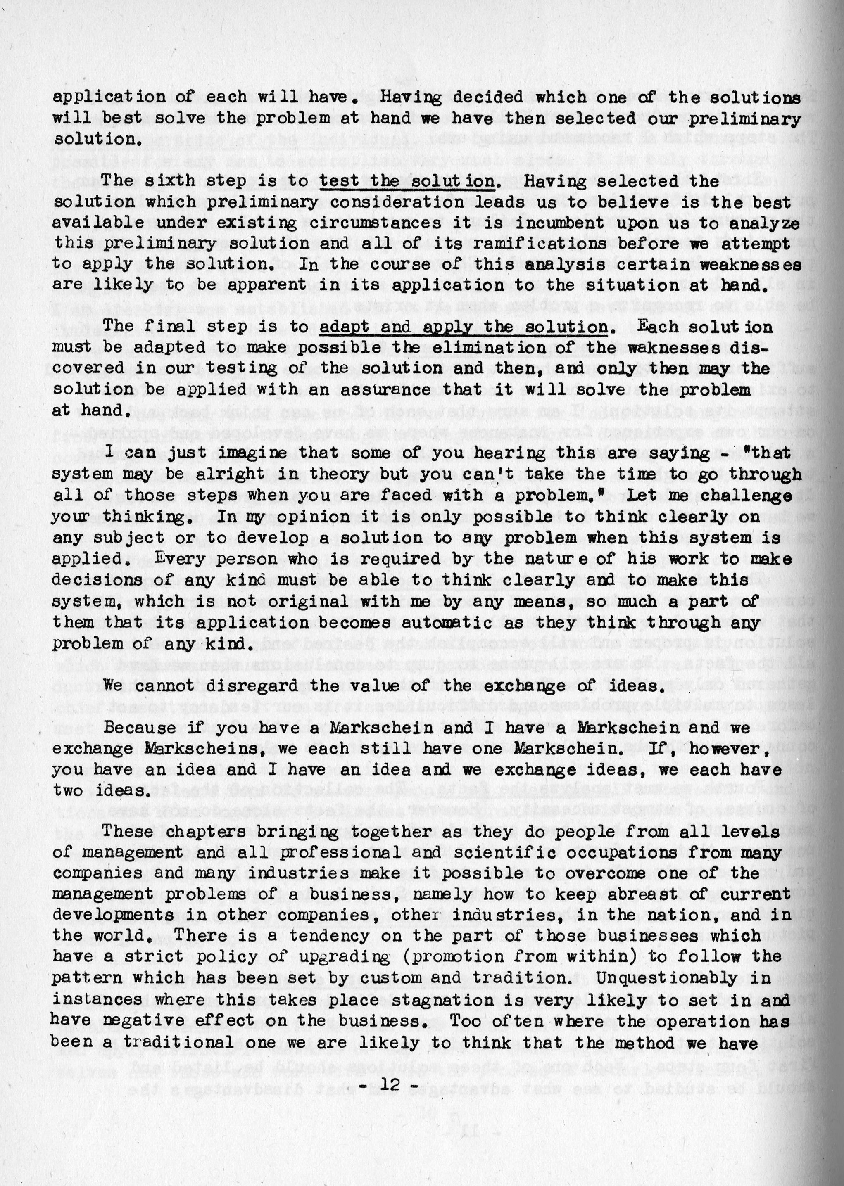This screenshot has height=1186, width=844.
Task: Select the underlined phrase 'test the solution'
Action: pos(407,181)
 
